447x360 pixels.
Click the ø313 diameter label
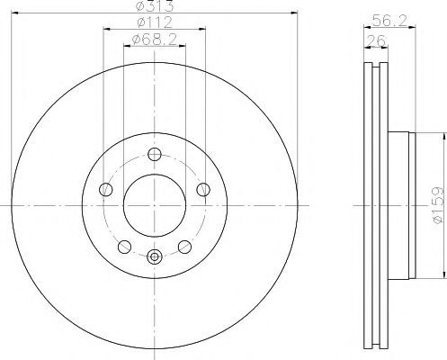(155, 5)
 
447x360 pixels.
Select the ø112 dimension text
(155, 22)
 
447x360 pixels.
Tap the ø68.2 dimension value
(155, 39)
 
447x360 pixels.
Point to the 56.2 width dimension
(389, 21)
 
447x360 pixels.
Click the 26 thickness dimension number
(376, 40)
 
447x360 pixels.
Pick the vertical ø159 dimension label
(437, 204)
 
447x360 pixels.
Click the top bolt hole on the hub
(155, 155)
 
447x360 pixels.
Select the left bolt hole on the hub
(105, 190)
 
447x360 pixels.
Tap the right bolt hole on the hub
(203, 190)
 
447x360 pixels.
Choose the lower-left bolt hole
(124, 247)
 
